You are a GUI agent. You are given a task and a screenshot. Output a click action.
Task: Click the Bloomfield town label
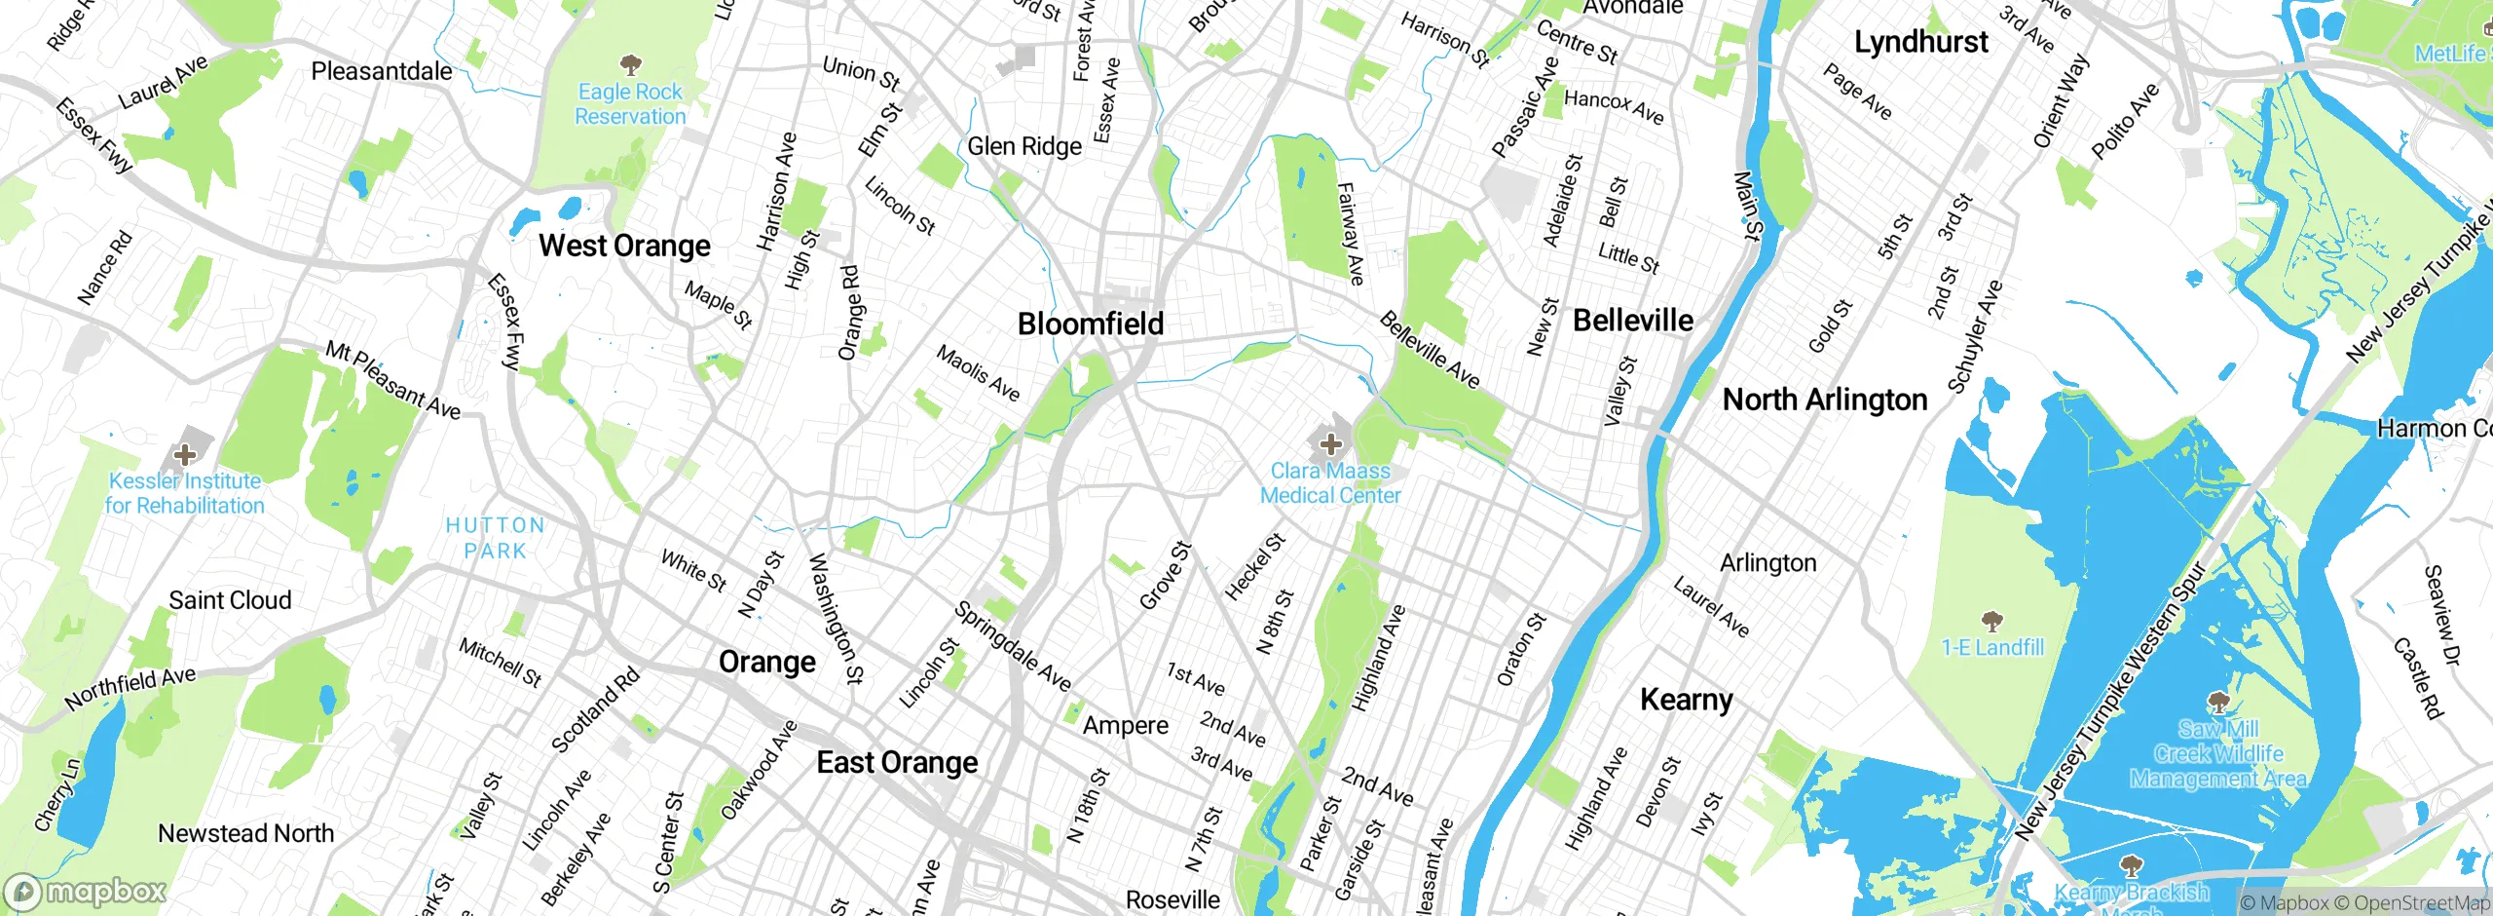[1090, 324]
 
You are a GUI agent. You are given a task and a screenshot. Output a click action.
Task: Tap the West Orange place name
[624, 246]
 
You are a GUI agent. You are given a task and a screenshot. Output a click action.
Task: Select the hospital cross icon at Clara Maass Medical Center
[1330, 445]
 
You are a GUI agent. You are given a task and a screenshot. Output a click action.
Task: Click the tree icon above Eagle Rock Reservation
[630, 65]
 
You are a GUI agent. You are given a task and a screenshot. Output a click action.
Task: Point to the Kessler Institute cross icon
[184, 454]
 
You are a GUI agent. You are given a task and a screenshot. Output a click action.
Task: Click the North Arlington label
[1824, 400]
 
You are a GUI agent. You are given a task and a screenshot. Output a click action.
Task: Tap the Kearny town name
[1686, 700]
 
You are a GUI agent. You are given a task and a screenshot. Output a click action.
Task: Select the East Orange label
[897, 762]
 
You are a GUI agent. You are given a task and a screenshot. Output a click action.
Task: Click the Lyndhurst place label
[1920, 42]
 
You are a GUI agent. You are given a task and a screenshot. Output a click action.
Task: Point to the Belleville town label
[1632, 321]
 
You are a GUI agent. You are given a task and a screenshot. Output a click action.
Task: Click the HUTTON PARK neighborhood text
[495, 538]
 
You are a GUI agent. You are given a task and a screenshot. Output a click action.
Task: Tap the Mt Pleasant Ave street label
[392, 380]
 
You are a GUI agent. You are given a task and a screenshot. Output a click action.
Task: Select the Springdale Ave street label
[1012, 646]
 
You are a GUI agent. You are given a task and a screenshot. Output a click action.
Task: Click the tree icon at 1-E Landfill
[1992, 621]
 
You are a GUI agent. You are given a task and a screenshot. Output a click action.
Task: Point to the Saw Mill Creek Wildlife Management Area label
[2217, 754]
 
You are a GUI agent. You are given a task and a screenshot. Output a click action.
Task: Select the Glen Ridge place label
[1023, 146]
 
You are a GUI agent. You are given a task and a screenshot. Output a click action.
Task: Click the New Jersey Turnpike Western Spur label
[2109, 702]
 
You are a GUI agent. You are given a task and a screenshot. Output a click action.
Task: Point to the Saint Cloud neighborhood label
[230, 600]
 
